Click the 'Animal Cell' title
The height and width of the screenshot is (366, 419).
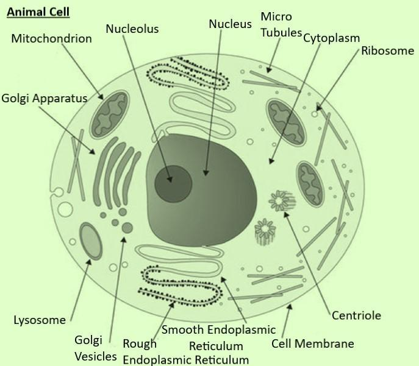coord(38,12)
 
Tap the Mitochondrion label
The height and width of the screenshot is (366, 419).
coord(51,39)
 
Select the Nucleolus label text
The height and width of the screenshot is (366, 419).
coord(132,29)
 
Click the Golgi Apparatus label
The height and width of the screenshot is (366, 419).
coord(44,97)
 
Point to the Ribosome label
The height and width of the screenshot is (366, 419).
coord(387,51)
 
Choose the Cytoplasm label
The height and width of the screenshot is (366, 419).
coord(331,38)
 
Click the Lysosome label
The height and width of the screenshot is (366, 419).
coord(39,320)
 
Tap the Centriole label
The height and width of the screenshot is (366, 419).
coord(356,315)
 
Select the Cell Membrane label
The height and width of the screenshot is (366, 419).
coord(312,343)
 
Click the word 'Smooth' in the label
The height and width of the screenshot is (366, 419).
coord(183,331)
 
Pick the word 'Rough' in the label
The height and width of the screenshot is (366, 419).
coord(140,344)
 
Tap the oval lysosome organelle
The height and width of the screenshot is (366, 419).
coord(91,241)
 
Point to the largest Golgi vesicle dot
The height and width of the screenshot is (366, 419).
coord(127,228)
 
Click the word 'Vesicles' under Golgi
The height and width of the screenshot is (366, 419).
coord(95,356)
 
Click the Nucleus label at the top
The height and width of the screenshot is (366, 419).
coord(230,24)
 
